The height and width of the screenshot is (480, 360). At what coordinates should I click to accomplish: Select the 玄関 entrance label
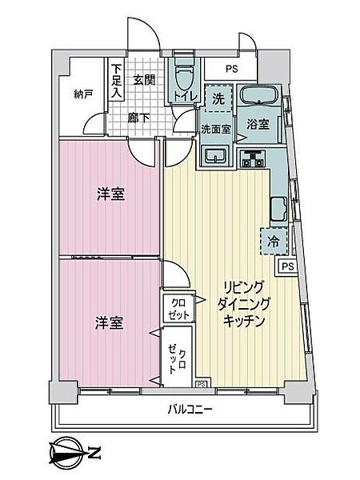(144, 79)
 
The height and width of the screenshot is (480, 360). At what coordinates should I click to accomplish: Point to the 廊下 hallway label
(138, 118)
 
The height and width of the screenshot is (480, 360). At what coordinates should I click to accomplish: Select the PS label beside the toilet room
(232, 69)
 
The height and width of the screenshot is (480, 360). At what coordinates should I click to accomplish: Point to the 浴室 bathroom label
(257, 125)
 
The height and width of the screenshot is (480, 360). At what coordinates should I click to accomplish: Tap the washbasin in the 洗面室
(214, 154)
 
